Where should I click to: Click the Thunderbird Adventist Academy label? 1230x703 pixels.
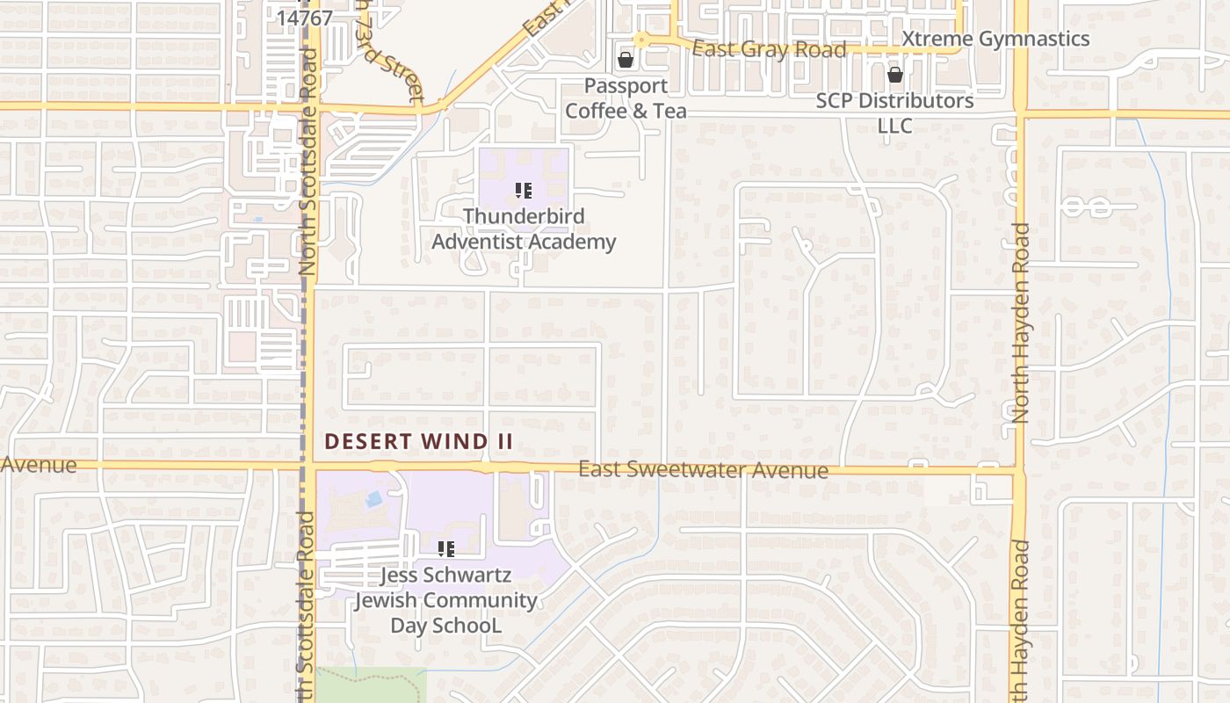(x=524, y=228)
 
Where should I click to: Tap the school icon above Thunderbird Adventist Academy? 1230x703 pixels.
(x=524, y=190)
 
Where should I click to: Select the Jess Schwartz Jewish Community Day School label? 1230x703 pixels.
(x=445, y=600)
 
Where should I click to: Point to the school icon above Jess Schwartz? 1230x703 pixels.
(x=446, y=549)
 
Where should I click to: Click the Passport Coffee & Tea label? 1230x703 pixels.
(x=626, y=98)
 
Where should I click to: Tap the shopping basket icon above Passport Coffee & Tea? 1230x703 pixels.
(x=626, y=60)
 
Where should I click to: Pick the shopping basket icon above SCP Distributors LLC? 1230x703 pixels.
(x=894, y=76)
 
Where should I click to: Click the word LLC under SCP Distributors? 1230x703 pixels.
(x=894, y=126)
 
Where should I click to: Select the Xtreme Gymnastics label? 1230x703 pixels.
(x=995, y=39)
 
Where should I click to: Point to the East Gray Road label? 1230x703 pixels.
(x=769, y=49)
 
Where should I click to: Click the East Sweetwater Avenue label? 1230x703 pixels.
(x=703, y=470)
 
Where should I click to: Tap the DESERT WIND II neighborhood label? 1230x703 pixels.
(x=418, y=441)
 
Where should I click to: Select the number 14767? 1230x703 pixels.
(x=304, y=18)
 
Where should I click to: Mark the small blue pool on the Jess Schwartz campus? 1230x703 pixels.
(x=373, y=499)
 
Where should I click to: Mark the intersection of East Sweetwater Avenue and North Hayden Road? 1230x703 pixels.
(x=1020, y=472)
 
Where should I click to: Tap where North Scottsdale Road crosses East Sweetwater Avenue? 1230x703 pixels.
(x=309, y=464)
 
